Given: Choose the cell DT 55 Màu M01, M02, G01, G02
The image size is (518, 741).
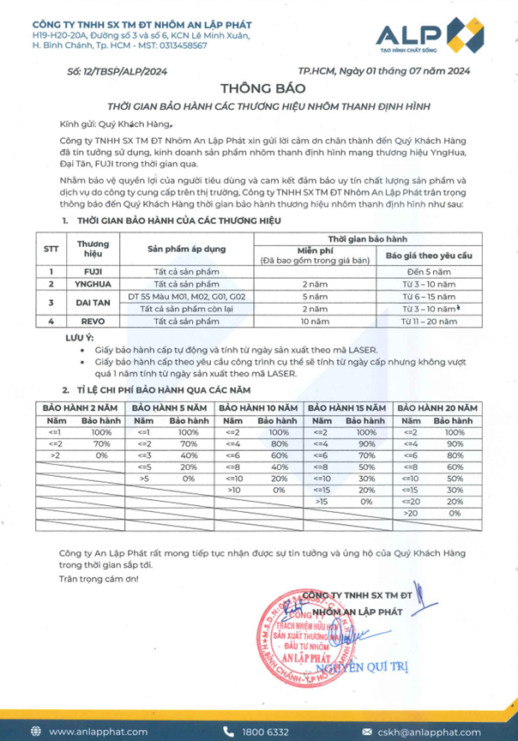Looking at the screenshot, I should click(185, 296).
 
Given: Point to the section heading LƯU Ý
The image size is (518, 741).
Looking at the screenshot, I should click(79, 339).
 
